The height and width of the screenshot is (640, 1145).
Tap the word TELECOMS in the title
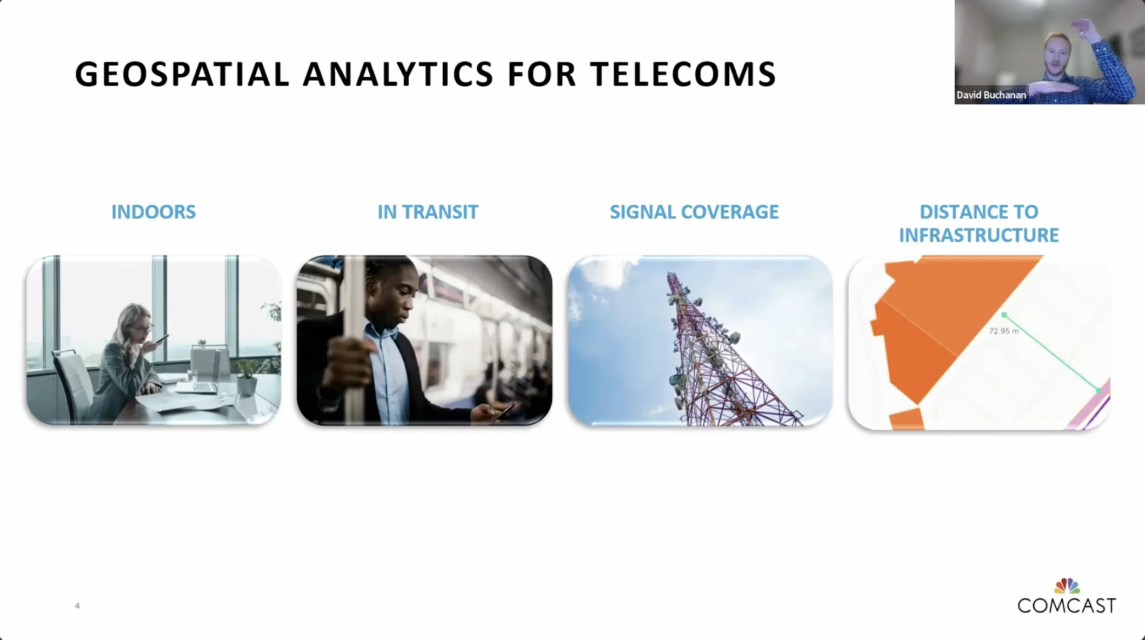683,74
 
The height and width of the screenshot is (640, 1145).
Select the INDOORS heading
154,212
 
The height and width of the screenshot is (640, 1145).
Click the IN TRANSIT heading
428,212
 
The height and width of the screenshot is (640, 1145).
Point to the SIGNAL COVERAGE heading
694,212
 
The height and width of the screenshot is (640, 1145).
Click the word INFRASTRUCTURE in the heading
979,235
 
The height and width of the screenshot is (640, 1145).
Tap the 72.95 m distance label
1004,331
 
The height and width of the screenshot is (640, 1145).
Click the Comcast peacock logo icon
1067,586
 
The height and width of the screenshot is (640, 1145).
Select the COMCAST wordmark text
1067,605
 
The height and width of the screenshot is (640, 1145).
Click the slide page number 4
77,605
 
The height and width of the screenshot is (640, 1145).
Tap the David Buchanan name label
991,95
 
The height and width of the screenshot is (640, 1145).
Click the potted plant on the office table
247,377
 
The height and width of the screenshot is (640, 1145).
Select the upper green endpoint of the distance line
1004,315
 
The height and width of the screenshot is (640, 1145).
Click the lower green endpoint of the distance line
1099,390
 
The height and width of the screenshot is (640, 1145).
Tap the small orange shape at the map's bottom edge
907,419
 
